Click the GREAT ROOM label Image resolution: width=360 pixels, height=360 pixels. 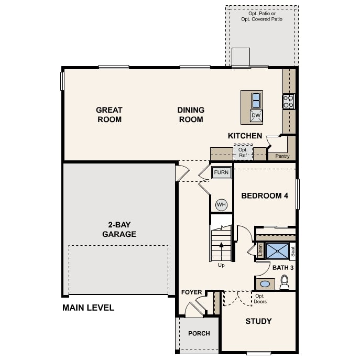click(109, 115)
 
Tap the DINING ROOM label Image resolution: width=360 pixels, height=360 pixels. click(191, 115)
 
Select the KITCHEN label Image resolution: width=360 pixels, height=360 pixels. click(245, 136)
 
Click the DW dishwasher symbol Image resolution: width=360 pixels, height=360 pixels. click(256, 116)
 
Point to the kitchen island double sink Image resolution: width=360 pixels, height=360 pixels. click(256, 100)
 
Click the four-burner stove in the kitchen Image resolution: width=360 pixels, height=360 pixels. click(289, 101)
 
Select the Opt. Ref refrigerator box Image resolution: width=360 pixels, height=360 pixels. click(243, 152)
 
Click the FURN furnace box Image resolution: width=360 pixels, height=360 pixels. click(221, 172)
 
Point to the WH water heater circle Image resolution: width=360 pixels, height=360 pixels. click(221, 204)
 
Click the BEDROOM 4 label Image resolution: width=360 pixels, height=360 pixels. click(265, 196)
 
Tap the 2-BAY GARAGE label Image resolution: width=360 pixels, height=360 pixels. click(119, 229)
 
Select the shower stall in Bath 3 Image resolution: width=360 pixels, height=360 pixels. click(277, 251)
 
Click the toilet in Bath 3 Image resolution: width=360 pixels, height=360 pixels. click(285, 283)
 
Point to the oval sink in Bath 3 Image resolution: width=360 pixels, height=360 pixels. click(265, 284)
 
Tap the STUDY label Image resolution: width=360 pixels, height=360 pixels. click(258, 321)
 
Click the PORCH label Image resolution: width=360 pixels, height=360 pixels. click(199, 333)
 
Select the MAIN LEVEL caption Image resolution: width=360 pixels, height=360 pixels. click(88, 308)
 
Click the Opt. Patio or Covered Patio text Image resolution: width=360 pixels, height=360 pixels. click(261, 16)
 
